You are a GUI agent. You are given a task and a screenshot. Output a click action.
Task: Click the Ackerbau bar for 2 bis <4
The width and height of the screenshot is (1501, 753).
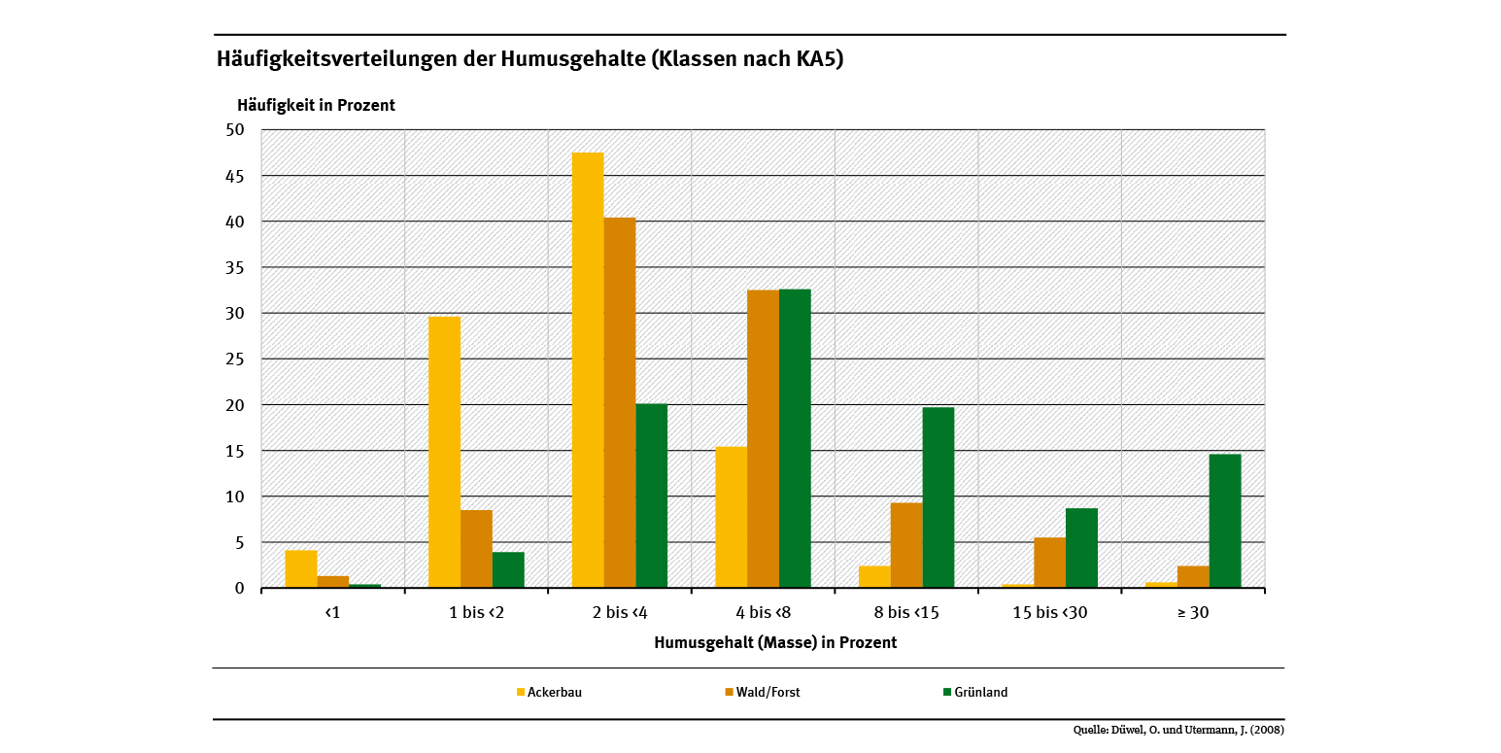588,370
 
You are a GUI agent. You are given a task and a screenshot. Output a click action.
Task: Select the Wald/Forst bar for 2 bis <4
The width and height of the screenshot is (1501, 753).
620,403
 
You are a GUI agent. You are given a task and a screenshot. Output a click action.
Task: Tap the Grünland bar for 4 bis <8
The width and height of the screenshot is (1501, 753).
795,438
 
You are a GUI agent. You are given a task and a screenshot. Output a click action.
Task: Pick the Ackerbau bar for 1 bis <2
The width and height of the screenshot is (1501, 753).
444,452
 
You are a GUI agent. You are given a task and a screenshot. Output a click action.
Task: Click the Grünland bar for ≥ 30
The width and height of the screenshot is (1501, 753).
1225,521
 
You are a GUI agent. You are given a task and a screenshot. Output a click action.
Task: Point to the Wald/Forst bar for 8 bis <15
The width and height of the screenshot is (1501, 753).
906,545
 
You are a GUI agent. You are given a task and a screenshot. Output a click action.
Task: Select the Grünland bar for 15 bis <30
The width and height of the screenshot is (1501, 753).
1081,548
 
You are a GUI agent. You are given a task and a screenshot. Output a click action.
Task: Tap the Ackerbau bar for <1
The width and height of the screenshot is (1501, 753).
301,569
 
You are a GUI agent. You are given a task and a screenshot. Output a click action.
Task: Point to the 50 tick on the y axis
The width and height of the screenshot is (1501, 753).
236,130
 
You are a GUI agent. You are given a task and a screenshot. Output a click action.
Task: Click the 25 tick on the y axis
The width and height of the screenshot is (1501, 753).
236,359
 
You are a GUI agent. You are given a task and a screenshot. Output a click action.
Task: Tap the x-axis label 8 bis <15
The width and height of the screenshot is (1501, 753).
905,613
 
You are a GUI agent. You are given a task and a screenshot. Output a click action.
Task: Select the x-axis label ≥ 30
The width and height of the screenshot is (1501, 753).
1192,613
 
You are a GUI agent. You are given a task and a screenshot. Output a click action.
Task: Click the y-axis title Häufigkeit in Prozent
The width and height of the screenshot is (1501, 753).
316,105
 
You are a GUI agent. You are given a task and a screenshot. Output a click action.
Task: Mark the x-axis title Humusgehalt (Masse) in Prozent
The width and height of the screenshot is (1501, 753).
775,643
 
